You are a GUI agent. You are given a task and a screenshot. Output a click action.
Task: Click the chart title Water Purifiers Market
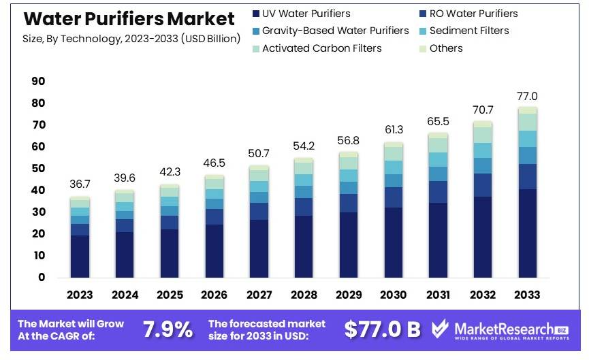129,18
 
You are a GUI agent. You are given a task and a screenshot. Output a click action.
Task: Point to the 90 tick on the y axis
38,82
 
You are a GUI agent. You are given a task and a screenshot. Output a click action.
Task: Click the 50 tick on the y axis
38,169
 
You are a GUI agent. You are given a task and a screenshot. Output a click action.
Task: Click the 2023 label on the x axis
80,295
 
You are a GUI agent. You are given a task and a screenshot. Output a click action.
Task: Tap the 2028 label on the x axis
304,295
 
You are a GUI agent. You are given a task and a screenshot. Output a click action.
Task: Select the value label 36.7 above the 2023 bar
80,184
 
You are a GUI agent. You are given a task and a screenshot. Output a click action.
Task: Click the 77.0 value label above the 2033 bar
527,96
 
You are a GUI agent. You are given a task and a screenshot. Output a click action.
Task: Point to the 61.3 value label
393,130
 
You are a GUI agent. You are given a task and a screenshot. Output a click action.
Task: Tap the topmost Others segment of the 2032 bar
483,124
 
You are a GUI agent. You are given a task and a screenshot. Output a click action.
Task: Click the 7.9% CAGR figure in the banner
168,330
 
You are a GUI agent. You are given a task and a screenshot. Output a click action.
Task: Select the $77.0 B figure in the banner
382,330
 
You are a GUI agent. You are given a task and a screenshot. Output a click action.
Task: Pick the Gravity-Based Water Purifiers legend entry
335,31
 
